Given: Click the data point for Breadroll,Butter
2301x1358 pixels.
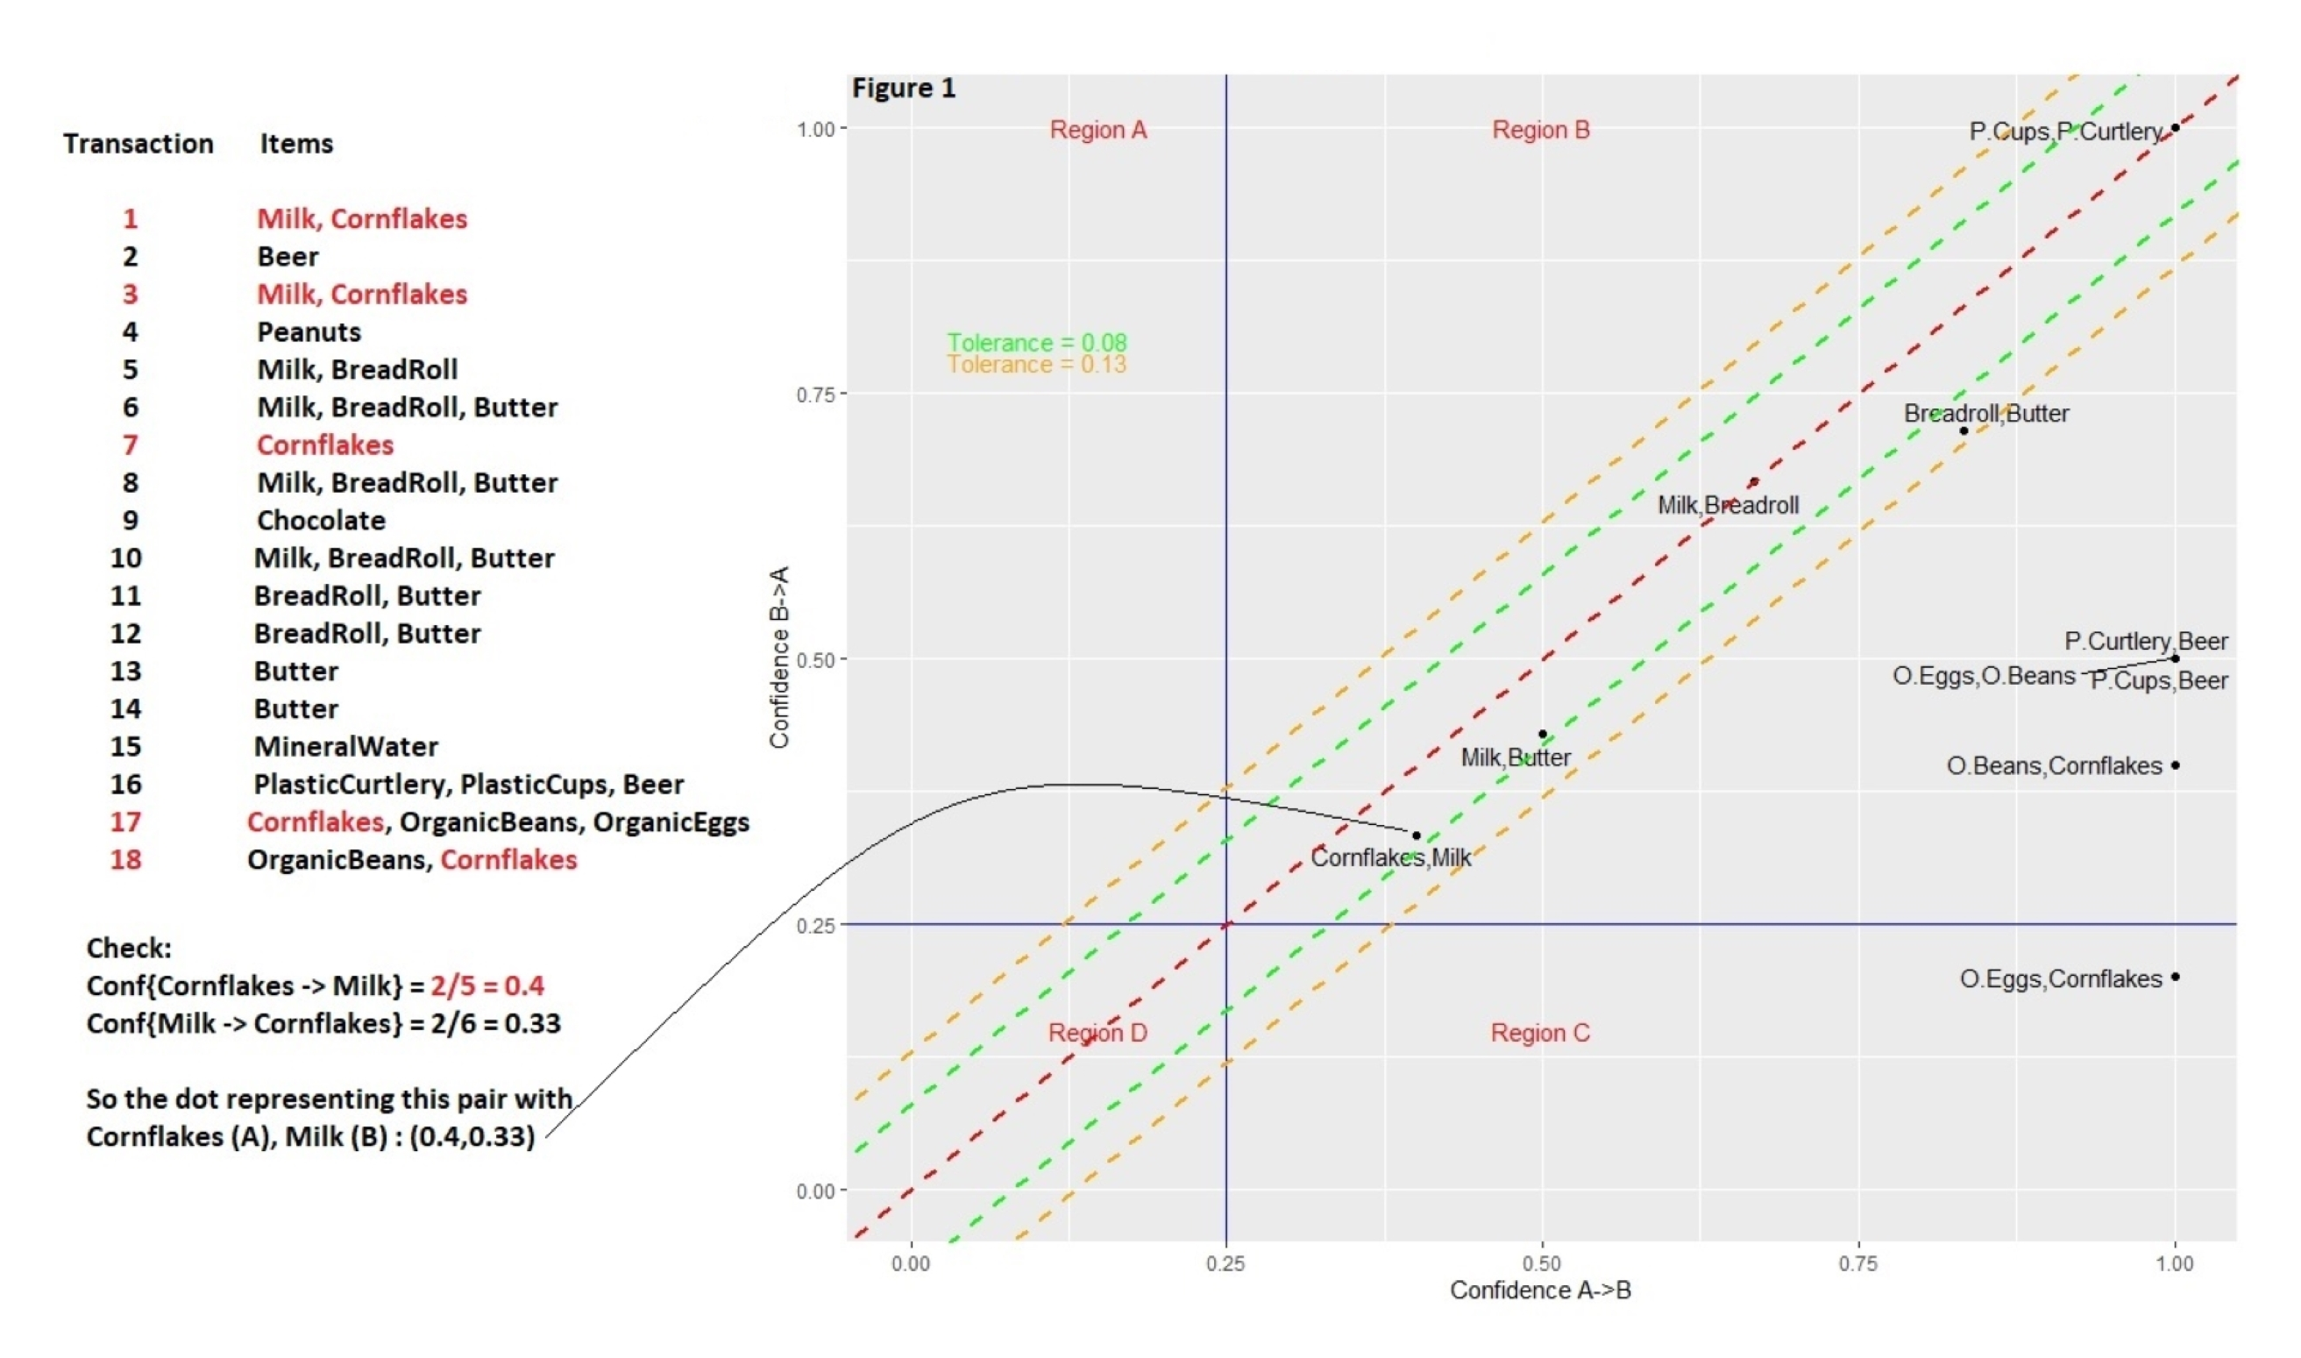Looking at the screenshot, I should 1964,431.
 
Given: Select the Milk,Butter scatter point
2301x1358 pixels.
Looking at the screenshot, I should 1543,734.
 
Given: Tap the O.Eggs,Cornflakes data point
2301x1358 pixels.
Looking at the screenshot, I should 2175,977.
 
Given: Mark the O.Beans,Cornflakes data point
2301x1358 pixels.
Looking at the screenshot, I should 2175,765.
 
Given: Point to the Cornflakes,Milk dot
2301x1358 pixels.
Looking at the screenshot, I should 1417,835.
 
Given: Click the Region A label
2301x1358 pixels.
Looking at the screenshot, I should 1097,130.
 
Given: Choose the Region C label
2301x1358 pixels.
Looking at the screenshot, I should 1541,1033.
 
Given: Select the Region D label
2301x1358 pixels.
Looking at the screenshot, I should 1097,1033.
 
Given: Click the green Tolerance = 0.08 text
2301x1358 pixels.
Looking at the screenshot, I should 1037,342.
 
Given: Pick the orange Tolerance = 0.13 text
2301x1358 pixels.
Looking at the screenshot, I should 1037,365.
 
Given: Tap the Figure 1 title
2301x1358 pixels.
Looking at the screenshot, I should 903,89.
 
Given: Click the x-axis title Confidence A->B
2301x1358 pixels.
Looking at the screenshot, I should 1541,1290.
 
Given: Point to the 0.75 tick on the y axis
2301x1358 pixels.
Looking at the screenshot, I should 815,395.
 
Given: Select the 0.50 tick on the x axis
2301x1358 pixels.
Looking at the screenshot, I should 1542,1263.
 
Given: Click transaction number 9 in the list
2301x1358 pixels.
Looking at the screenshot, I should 130,521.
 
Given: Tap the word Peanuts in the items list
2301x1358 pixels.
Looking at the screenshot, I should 309,332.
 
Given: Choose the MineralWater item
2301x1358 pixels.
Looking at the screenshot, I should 346,747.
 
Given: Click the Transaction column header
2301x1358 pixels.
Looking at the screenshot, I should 138,144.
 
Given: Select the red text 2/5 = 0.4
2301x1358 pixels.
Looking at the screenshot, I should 486,985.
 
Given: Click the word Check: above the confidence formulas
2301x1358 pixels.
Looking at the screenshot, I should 129,948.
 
